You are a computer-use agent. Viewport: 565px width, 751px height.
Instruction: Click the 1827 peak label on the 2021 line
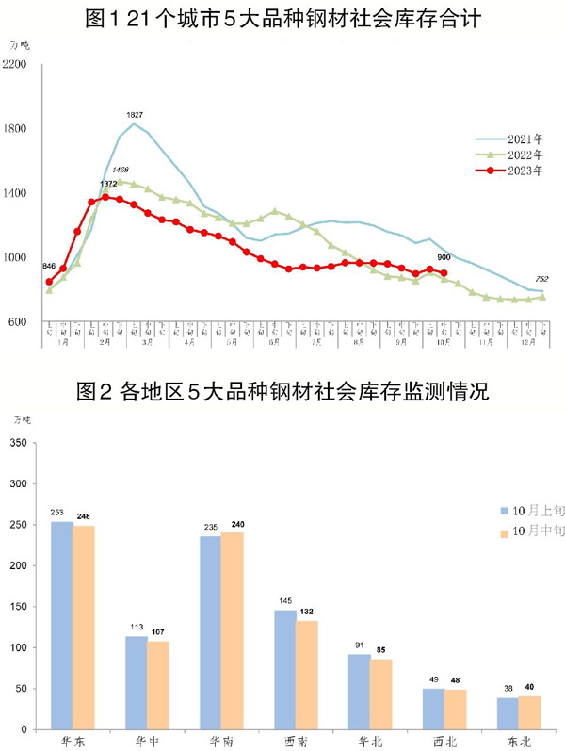coord(135,115)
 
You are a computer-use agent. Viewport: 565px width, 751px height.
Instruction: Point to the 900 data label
coord(444,257)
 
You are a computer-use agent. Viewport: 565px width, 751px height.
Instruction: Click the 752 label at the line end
coord(542,279)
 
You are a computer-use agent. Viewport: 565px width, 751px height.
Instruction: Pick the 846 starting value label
coord(49,268)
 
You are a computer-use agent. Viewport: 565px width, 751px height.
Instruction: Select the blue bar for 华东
coord(61,625)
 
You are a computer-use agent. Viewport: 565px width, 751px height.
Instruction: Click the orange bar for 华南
coord(232,630)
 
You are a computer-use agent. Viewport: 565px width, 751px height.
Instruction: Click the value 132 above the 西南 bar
coord(307,612)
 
